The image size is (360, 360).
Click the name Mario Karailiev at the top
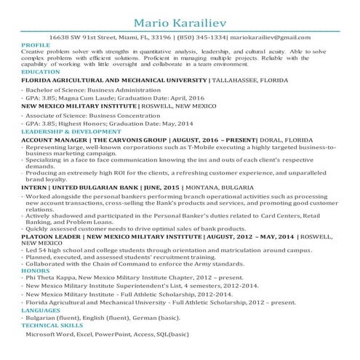pos(180,16)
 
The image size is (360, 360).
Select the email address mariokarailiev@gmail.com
pos(271,37)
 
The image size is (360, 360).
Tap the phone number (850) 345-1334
pos(204,37)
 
